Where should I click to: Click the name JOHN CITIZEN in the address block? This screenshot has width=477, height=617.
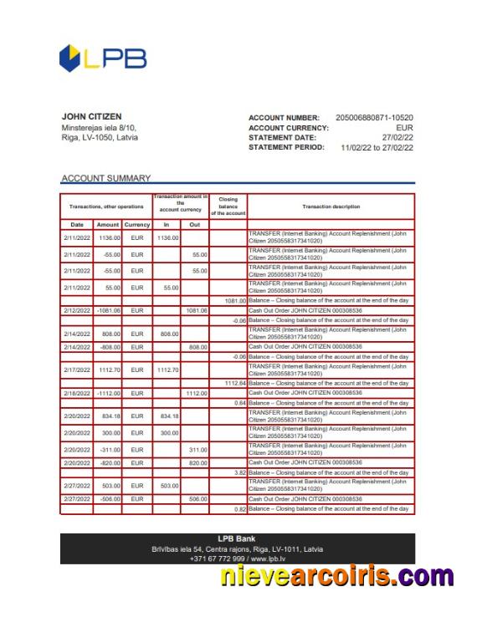(x=92, y=116)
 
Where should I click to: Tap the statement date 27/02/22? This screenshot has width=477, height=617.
(x=397, y=137)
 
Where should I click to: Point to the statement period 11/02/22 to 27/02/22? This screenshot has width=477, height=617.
(x=377, y=147)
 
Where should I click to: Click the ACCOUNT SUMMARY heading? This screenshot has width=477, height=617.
(x=106, y=178)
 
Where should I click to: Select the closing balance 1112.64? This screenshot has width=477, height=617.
(x=230, y=383)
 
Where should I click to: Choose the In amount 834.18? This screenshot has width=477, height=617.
(x=168, y=416)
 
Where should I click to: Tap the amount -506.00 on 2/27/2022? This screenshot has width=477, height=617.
(x=110, y=498)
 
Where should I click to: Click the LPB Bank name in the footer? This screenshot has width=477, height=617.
(x=238, y=538)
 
